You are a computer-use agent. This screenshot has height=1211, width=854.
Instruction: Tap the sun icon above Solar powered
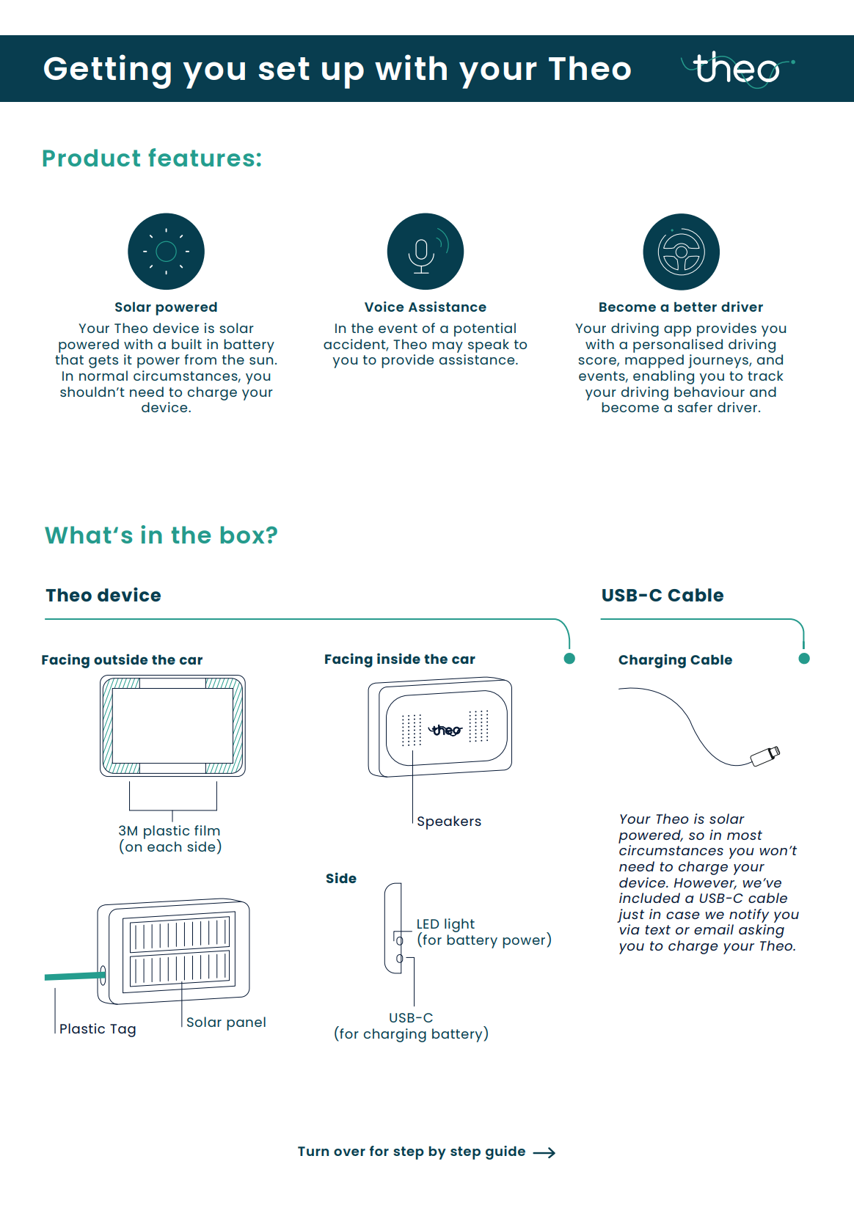166,252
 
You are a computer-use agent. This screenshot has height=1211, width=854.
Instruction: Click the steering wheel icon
681,252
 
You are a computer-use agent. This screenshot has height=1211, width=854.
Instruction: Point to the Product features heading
152,158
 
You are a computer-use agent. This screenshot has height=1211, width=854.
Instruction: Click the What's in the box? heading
161,535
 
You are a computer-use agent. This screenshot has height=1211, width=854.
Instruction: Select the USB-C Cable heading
662,596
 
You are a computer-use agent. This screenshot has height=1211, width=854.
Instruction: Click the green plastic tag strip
73,976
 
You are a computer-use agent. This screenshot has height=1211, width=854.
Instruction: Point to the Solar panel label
226,1022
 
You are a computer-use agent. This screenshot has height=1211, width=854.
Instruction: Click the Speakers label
449,822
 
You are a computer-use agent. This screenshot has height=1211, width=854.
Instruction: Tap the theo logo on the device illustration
445,730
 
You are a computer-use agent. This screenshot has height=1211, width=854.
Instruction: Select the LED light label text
445,924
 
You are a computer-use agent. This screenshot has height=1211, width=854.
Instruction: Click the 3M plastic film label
169,831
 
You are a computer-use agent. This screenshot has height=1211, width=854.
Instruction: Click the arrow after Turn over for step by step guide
544,1153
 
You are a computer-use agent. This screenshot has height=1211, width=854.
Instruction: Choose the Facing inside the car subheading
400,659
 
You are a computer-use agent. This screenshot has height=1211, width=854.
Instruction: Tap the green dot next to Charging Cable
804,659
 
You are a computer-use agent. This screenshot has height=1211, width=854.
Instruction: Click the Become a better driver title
680,307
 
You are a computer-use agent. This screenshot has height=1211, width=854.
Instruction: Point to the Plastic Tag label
98,1029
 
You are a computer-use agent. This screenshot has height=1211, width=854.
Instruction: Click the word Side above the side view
341,879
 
